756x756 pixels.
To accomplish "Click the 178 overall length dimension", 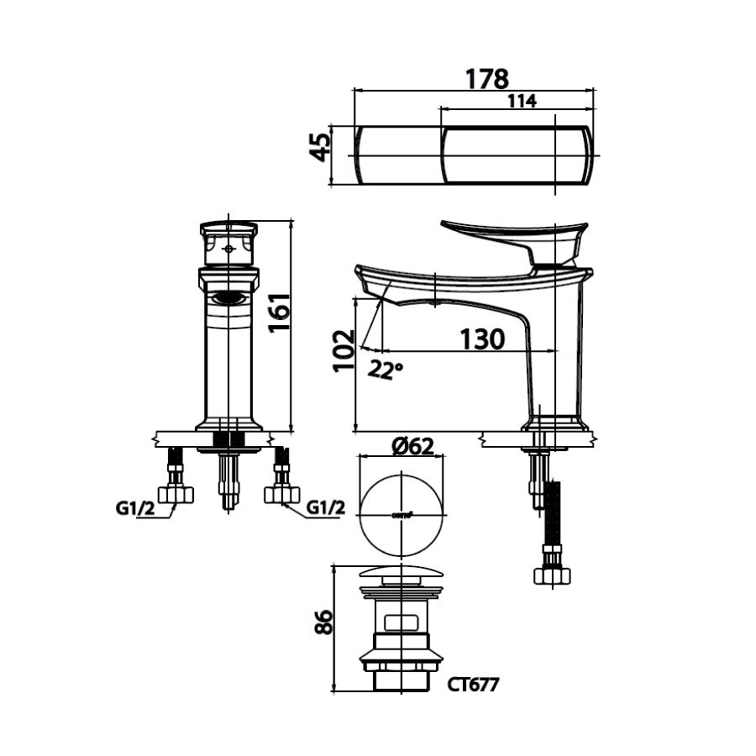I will pos(487,78).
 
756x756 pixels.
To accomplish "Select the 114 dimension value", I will pos(522,101).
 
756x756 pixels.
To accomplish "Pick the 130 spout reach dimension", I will pos(481,339).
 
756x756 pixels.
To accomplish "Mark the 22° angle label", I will pos(386,369).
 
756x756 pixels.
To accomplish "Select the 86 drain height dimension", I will pos(323,622).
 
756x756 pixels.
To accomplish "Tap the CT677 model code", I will pos(473,685).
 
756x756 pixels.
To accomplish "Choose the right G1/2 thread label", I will pos(325,508).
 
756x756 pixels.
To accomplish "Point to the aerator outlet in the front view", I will pos(228,297).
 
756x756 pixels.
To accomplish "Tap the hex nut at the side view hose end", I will pos(552,575).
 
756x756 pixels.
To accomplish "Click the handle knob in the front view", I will pos(228,244).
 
